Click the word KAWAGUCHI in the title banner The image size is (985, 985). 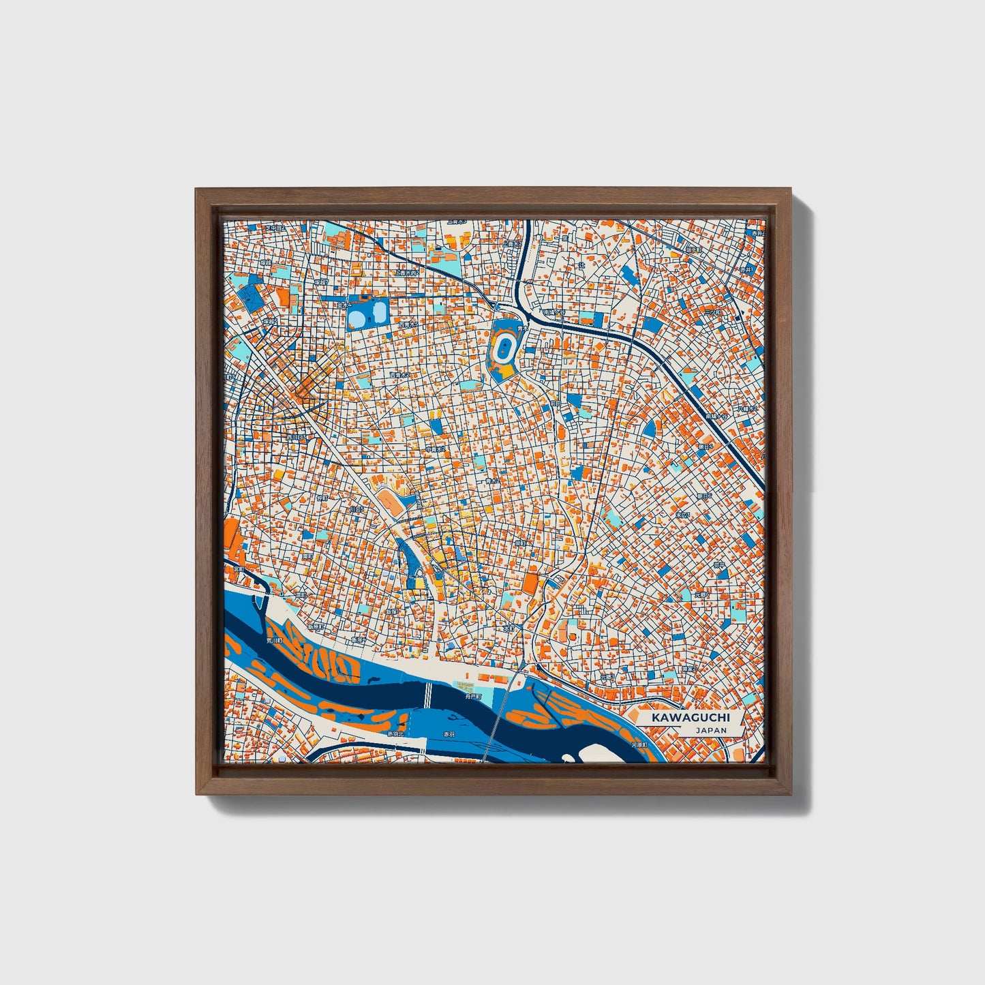pyautogui.click(x=690, y=718)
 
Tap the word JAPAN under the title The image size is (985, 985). pyautogui.click(x=711, y=730)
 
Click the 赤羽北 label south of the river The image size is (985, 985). pyautogui.click(x=395, y=733)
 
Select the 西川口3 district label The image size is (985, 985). pyautogui.click(x=295, y=438)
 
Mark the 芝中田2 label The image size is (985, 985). pyautogui.click(x=275, y=228)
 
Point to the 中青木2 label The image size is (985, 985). pyautogui.click(x=436, y=449)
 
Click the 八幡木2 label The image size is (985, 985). pyautogui.click(x=747, y=410)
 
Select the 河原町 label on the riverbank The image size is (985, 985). pyautogui.click(x=638, y=745)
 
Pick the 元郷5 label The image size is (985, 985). pyautogui.click(x=701, y=595)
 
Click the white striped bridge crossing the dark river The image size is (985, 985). pyautogui.click(x=428, y=695)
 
